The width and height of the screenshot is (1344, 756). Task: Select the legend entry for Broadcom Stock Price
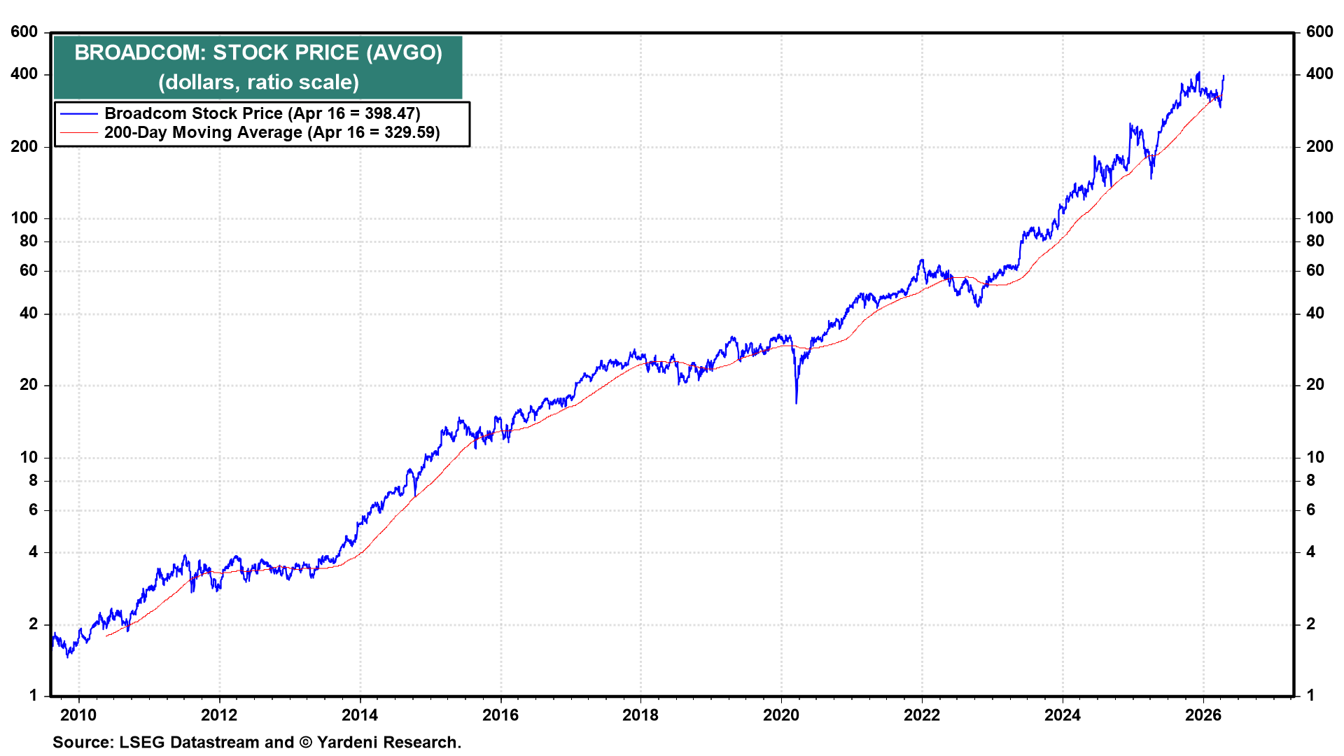tap(193, 113)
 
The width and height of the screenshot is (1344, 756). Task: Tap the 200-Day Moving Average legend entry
tap(203, 132)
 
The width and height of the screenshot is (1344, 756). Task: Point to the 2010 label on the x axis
tap(78, 715)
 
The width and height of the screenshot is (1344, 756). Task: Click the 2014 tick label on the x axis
tap(360, 715)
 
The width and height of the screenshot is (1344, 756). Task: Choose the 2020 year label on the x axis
tap(781, 715)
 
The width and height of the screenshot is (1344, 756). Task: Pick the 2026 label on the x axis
tap(1203, 715)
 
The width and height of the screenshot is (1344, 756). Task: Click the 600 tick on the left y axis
tap(24, 32)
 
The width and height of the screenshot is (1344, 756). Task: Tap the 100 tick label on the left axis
tap(24, 218)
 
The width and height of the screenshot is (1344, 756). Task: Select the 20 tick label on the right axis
tap(1315, 385)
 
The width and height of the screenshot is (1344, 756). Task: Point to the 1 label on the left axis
tap(33, 696)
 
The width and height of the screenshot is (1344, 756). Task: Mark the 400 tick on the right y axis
tap(1319, 74)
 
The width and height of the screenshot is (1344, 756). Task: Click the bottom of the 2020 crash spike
tap(796, 402)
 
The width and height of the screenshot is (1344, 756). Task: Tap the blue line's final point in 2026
tap(1223, 76)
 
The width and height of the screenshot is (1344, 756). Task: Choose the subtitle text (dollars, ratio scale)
tap(258, 83)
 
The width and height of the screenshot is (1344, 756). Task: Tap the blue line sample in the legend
tap(78, 113)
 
